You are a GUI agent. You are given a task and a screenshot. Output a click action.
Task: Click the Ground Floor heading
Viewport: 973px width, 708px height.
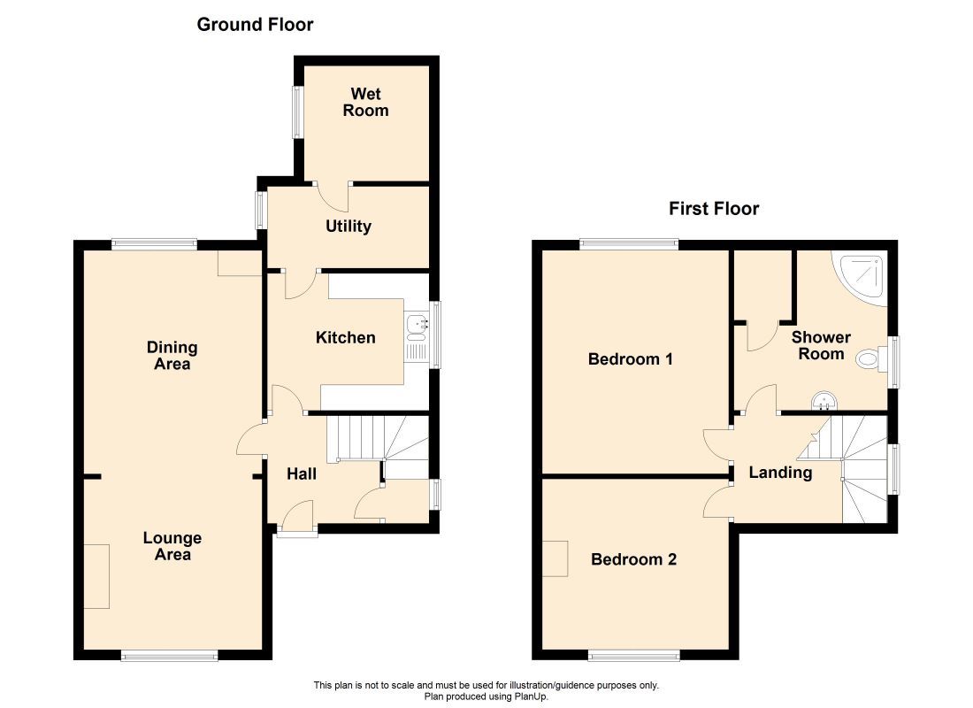[255, 25]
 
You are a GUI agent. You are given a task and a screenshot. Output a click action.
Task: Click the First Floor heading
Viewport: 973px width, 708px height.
[714, 209]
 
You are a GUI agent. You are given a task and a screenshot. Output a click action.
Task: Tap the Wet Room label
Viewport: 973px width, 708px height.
[365, 102]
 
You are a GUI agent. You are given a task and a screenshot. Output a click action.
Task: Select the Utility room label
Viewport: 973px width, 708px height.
[349, 227]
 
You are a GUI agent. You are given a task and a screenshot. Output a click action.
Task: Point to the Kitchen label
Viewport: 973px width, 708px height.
[346, 337]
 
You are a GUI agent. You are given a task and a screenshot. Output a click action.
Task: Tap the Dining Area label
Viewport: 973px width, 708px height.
[172, 355]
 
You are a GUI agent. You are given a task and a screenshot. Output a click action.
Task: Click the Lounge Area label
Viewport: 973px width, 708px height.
[173, 546]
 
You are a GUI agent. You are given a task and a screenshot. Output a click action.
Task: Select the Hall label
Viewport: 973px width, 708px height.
[302, 474]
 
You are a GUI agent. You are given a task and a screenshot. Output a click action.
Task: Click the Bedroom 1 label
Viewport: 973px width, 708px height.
[631, 359]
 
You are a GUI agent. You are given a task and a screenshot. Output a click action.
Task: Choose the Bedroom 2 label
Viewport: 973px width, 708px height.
[633, 559]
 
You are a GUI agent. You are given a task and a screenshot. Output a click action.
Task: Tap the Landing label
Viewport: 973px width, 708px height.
[780, 473]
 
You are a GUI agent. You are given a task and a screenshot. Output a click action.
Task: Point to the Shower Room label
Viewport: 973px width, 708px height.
[821, 345]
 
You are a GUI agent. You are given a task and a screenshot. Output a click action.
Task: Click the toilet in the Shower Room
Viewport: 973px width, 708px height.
[870, 359]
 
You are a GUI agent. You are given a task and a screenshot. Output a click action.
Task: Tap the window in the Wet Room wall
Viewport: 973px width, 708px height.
[298, 112]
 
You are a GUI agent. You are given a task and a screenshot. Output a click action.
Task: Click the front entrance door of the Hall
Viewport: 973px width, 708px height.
[297, 531]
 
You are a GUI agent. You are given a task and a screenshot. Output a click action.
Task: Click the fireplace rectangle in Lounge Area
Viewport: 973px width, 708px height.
[96, 576]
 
